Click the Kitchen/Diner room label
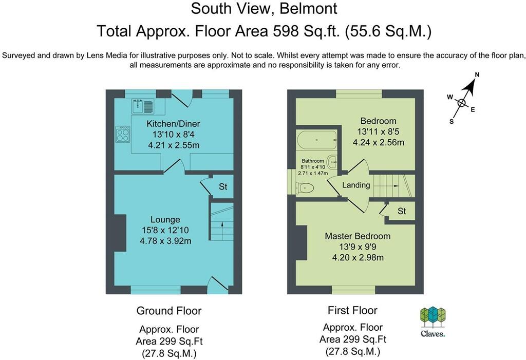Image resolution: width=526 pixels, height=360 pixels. (x=173, y=124)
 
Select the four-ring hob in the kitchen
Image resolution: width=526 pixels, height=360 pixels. (x=123, y=135)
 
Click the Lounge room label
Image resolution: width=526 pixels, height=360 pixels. (x=165, y=220)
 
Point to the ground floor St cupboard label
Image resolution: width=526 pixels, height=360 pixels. (x=223, y=186)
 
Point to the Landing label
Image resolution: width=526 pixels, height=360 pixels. (x=356, y=185)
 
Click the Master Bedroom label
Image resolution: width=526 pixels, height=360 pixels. (x=358, y=236)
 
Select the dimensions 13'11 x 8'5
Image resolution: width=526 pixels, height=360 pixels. (x=378, y=131)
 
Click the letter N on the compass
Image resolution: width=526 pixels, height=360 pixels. (x=477, y=75)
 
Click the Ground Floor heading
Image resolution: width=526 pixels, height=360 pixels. (x=168, y=311)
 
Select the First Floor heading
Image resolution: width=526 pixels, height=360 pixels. (x=352, y=310)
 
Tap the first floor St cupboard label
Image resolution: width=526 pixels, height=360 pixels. (x=402, y=211)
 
